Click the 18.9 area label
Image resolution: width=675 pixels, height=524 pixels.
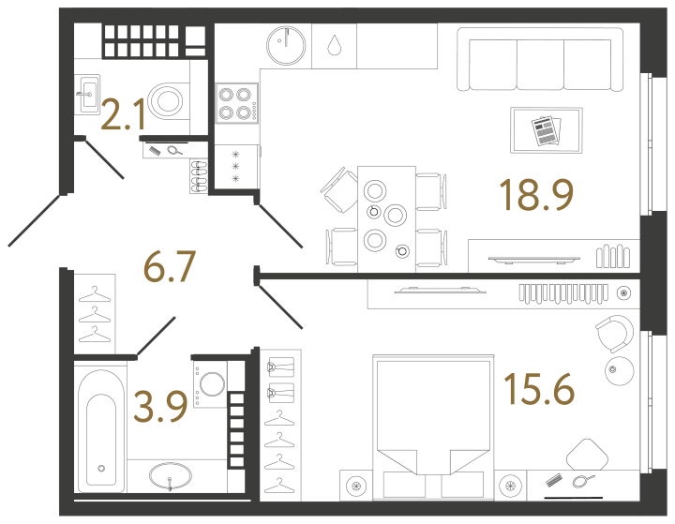coord(535,194)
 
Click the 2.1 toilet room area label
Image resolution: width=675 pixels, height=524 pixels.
coord(123,116)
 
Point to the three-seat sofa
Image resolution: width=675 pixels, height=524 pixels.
coord(540,60)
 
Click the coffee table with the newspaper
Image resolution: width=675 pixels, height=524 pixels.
coord(546,130)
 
